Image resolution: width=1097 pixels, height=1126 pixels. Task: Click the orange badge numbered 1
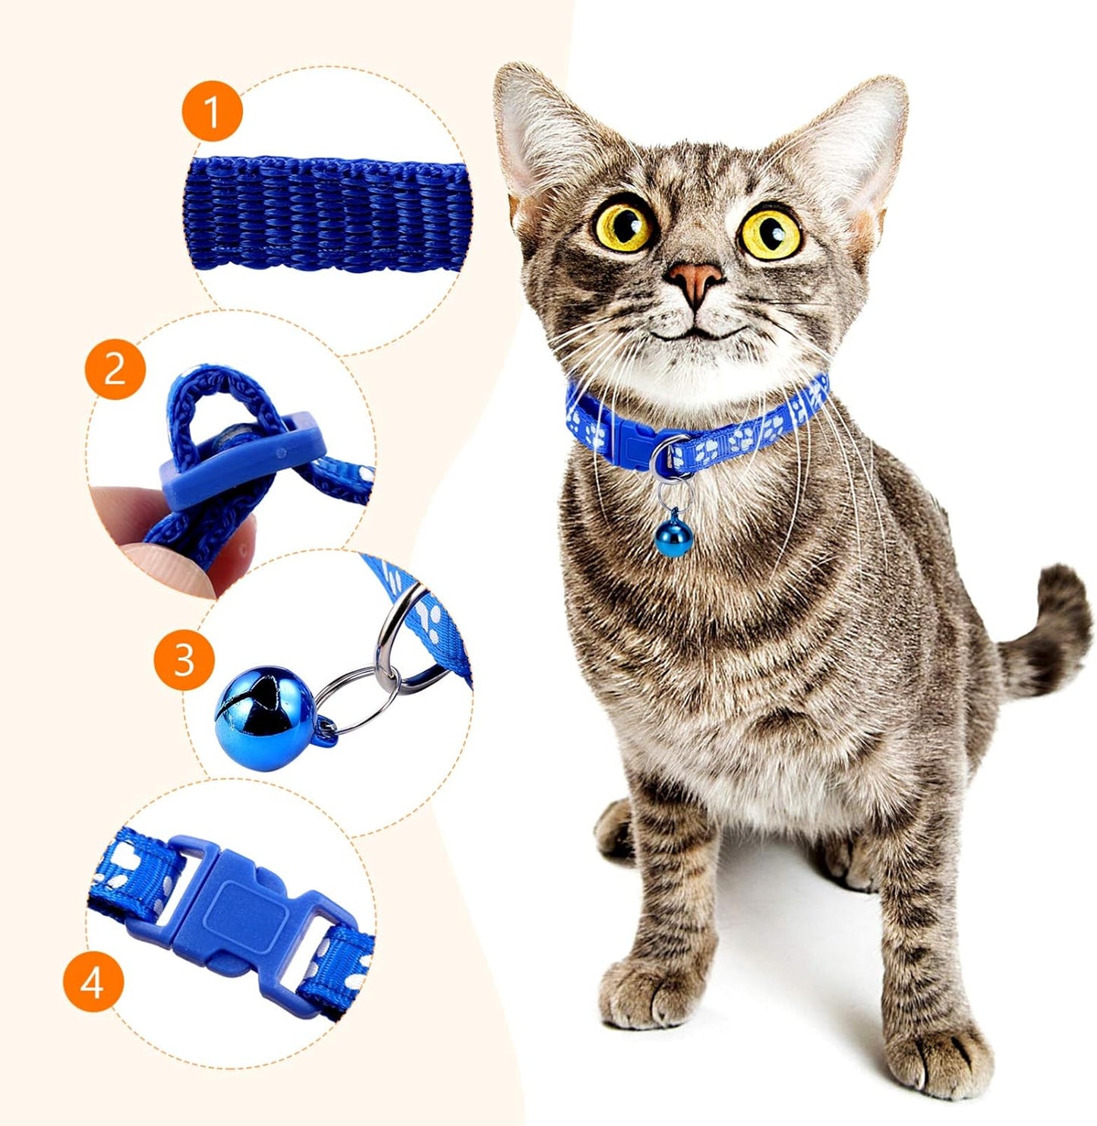(212, 112)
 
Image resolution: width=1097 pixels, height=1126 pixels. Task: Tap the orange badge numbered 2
(115, 369)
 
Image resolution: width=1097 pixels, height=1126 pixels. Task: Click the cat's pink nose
(695, 283)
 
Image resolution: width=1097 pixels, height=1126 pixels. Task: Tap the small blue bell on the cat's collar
(673, 537)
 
